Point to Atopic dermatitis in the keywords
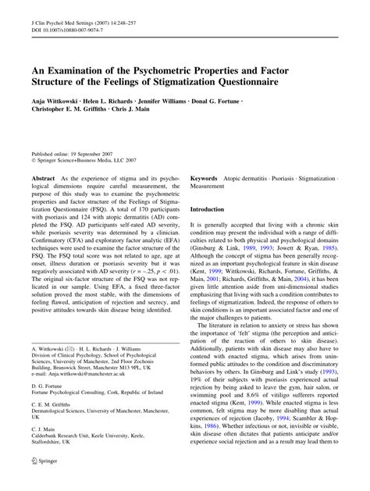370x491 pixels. (254, 179)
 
